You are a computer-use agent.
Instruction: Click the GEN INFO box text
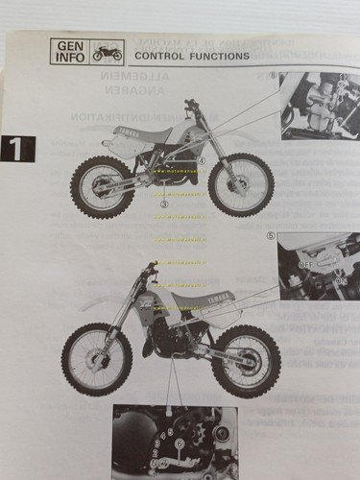pyautogui.click(x=70, y=51)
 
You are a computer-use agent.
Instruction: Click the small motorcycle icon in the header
pyautogui.click(x=107, y=52)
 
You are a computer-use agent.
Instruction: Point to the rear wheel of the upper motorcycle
pyautogui.click(x=102, y=186)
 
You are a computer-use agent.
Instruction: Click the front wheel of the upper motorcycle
pyautogui.click(x=240, y=183)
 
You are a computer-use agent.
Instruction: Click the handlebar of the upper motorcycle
pyautogui.click(x=191, y=103)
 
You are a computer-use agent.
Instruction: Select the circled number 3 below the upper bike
pyautogui.click(x=164, y=204)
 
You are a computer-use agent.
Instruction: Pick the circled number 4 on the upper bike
pyautogui.click(x=201, y=160)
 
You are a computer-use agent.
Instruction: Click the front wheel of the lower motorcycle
pyautogui.click(x=97, y=357)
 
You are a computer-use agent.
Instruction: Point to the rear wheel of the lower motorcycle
pyautogui.click(x=245, y=360)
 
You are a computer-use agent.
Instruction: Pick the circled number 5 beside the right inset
pyautogui.click(x=272, y=235)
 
